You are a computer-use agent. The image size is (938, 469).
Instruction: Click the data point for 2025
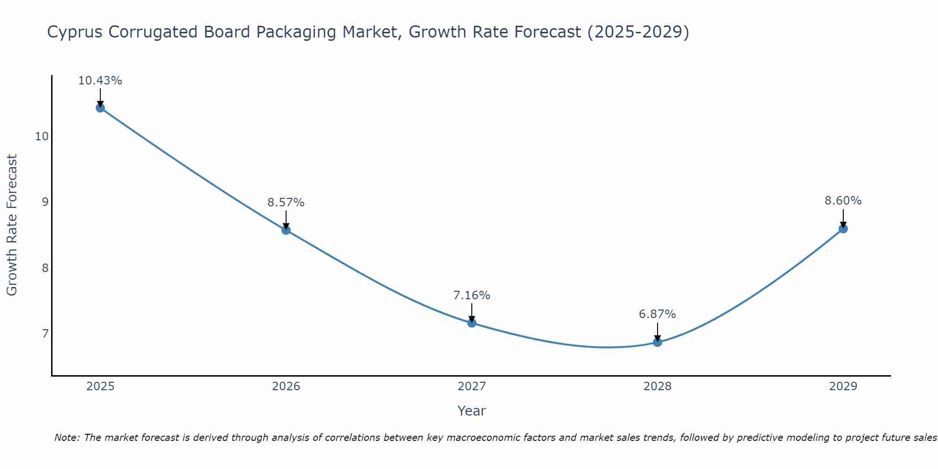click(x=100, y=108)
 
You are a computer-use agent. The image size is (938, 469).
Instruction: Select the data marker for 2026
click(x=286, y=230)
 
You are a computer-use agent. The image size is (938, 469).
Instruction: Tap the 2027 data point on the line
click(x=472, y=323)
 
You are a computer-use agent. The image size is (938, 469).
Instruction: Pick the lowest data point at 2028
click(x=658, y=342)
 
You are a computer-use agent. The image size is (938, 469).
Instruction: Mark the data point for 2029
click(x=843, y=229)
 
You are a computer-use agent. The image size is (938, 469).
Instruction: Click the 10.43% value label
click(x=100, y=81)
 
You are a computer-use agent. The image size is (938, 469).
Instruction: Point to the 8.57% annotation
click(x=286, y=203)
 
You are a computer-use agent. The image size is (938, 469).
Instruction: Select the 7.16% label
click(x=472, y=295)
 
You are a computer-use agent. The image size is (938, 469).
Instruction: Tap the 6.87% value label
click(x=658, y=314)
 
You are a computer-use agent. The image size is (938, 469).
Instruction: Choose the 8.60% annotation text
click(x=843, y=201)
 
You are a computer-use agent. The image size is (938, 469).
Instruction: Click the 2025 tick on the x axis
click(x=100, y=386)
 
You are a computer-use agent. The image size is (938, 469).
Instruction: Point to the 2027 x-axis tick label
click(x=472, y=386)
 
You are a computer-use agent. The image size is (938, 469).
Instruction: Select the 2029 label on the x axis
click(x=843, y=386)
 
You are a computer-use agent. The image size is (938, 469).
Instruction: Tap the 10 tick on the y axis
click(x=42, y=136)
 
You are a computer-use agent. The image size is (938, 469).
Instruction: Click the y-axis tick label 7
click(x=45, y=334)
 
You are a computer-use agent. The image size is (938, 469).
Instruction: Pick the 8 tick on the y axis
click(x=45, y=268)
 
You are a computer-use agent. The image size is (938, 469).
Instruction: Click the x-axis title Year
click(x=472, y=411)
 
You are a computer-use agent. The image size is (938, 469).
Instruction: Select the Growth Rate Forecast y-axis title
click(x=12, y=225)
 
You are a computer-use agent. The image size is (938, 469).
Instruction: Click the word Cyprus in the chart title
click(x=76, y=32)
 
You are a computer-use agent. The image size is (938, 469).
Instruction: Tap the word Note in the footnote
click(x=67, y=438)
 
